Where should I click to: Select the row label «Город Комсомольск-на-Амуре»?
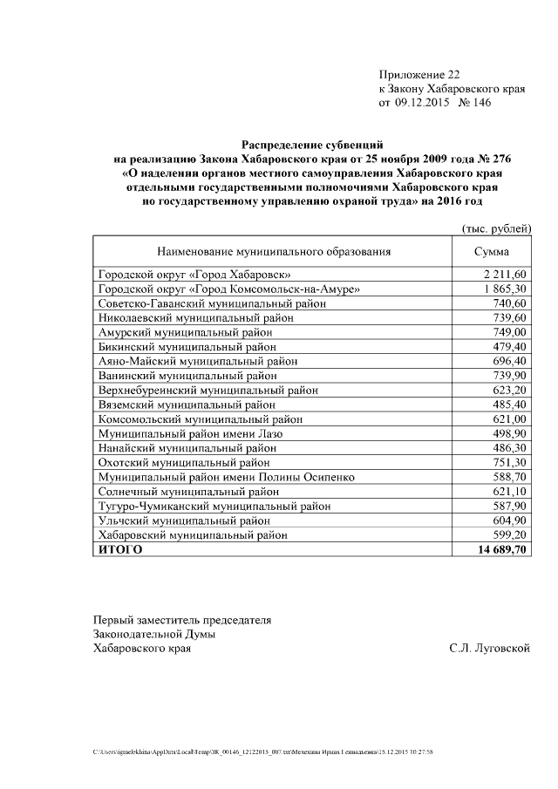tap(229, 289)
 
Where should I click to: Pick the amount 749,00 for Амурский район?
tap(510, 332)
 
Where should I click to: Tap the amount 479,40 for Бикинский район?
tap(510, 346)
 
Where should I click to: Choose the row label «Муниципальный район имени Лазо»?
tap(192, 433)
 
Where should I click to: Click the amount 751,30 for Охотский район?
tap(510, 462)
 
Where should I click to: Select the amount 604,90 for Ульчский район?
tap(510, 520)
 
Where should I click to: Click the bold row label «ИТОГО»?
tap(119, 549)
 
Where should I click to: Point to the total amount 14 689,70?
tap(501, 549)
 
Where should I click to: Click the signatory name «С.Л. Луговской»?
tap(489, 649)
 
